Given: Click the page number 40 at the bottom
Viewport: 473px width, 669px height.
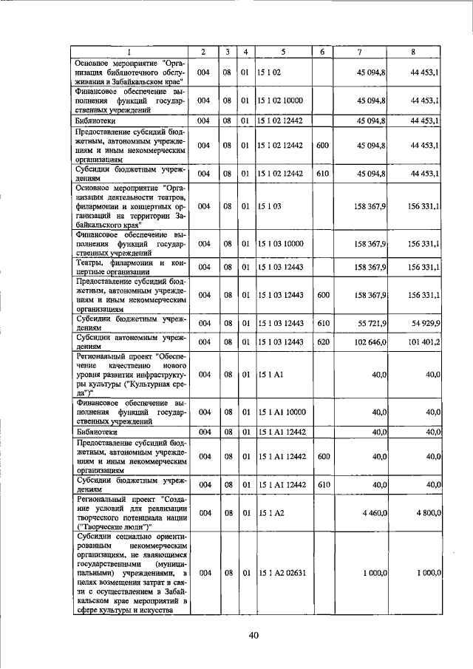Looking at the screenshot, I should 253,635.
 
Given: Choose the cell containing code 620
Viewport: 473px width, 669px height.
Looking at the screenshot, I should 322,342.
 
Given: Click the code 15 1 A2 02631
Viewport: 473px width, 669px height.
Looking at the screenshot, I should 285,573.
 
